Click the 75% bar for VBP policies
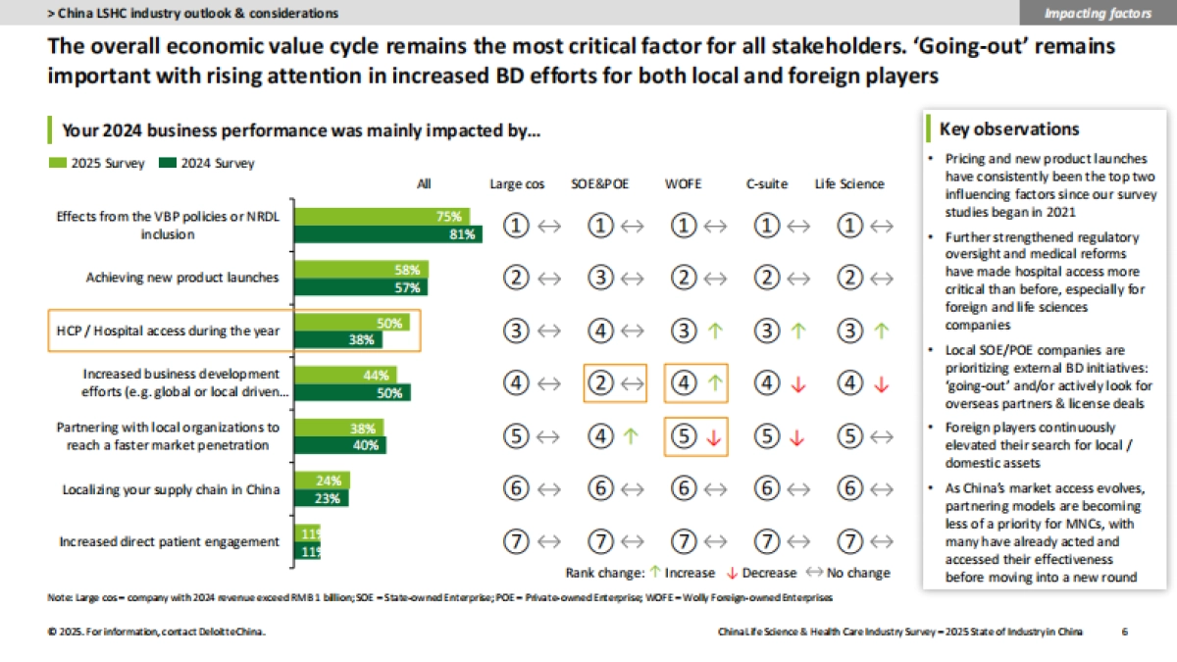point(383,217)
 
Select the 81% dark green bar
point(388,234)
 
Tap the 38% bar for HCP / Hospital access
point(339,340)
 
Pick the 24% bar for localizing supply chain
point(323,481)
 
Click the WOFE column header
point(683,183)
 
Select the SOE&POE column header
point(600,183)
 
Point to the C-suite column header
point(766,183)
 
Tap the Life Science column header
point(849,183)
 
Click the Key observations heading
point(1009,129)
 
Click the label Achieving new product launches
point(182,278)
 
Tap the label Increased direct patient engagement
point(169,541)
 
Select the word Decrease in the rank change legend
point(771,573)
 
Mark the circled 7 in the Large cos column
point(517,541)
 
